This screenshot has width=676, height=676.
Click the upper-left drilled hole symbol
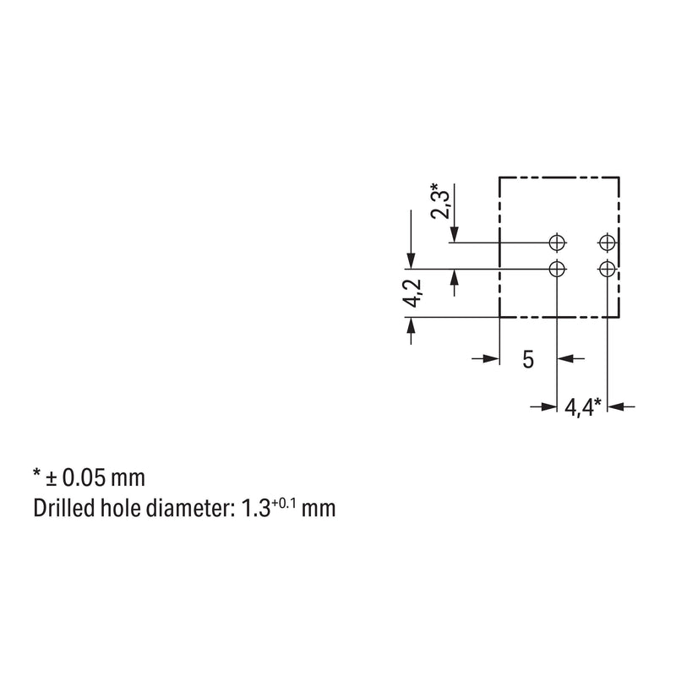click(x=557, y=243)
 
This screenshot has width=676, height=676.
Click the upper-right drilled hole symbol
click(x=607, y=243)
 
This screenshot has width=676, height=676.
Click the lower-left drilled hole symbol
click(x=557, y=270)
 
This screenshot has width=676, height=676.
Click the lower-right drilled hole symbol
click(x=607, y=270)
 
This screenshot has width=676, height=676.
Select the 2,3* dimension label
click(x=440, y=201)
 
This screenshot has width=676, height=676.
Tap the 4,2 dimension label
click(x=412, y=293)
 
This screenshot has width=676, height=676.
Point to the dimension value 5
click(x=528, y=359)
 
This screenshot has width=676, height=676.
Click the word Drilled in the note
click(x=64, y=508)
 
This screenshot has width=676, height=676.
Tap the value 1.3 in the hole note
click(x=255, y=508)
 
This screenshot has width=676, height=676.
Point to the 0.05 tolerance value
click(x=84, y=477)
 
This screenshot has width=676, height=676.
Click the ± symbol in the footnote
click(x=52, y=478)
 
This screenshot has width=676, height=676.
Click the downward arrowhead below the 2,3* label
click(x=454, y=235)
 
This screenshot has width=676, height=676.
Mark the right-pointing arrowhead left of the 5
click(x=492, y=358)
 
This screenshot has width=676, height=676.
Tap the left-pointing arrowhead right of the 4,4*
click(x=615, y=406)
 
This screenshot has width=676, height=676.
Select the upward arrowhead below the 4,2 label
click(x=411, y=325)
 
